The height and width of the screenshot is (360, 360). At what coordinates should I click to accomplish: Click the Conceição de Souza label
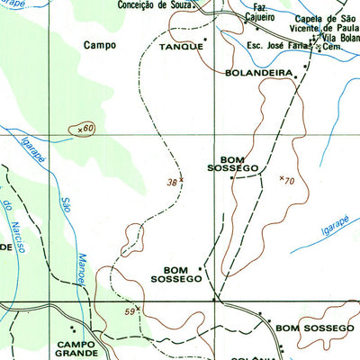point(155,4)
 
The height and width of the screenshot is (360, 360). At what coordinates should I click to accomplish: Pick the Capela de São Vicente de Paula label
point(328,24)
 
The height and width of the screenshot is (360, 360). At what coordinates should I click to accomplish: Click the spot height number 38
point(172,181)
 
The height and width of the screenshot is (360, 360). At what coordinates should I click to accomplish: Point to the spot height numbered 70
point(289,180)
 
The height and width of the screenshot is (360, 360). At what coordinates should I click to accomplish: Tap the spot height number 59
point(130,311)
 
